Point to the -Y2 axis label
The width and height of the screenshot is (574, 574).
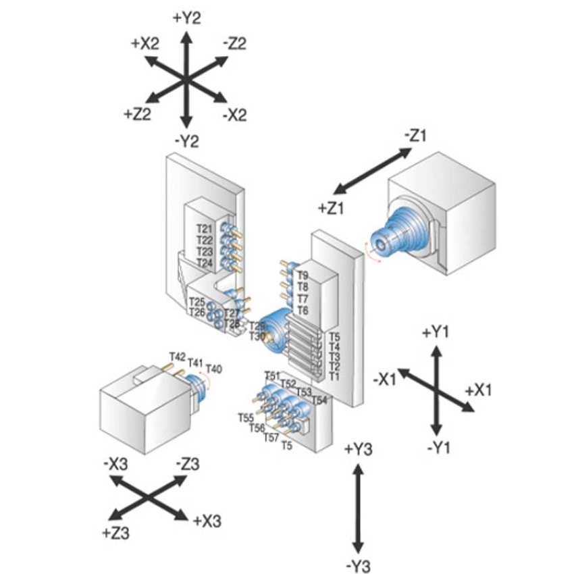[186, 141]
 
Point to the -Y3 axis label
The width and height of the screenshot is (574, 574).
[358, 565]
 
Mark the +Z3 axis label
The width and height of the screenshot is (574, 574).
[116, 533]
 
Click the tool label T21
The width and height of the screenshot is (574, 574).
[205, 228]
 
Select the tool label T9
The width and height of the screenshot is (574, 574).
[302, 276]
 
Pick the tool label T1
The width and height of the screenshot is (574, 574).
[334, 376]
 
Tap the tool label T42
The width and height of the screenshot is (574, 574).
[177, 356]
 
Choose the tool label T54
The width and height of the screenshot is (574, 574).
[319, 400]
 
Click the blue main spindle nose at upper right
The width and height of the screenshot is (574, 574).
[383, 245]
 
